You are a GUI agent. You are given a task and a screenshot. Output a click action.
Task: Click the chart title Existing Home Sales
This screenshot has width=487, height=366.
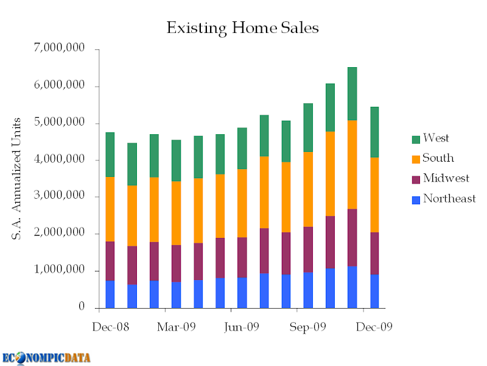click(x=242, y=28)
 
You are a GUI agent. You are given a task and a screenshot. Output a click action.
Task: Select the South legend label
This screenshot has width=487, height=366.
click(x=438, y=159)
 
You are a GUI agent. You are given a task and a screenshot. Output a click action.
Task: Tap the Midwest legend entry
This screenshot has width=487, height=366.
click(x=446, y=179)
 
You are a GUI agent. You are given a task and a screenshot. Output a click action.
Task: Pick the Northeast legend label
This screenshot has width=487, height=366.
click(x=449, y=198)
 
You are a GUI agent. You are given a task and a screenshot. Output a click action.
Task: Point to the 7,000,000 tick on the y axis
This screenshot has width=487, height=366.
click(x=60, y=49)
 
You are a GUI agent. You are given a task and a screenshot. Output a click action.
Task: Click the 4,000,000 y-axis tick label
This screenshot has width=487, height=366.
click(x=60, y=160)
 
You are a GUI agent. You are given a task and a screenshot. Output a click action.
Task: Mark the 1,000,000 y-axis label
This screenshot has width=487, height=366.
click(x=60, y=270)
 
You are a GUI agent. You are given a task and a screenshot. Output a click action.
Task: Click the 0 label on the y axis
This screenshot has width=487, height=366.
click(x=81, y=307)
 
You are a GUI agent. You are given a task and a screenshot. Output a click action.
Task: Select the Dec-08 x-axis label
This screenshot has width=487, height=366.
click(x=110, y=327)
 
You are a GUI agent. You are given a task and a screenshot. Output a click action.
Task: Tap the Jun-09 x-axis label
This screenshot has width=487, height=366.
click(x=242, y=327)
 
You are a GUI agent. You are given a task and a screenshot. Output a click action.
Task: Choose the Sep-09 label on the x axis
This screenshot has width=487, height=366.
click(x=308, y=327)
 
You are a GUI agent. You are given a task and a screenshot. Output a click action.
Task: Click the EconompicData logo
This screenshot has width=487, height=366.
click(x=46, y=357)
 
